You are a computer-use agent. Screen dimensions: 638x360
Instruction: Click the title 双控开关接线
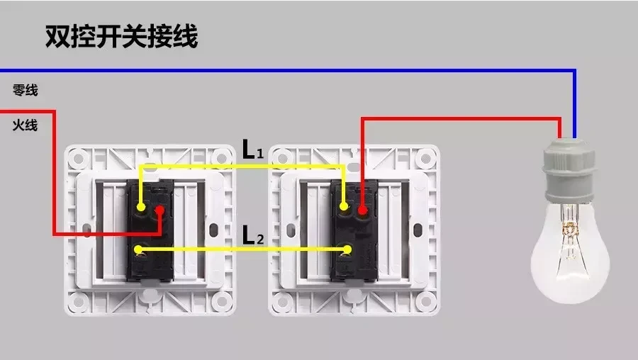point(121,37)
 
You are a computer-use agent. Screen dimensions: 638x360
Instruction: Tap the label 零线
point(26,90)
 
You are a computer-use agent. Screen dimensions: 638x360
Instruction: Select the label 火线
point(26,125)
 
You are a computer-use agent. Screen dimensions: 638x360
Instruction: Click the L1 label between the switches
point(252,150)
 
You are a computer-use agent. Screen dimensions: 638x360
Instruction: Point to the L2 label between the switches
point(252,235)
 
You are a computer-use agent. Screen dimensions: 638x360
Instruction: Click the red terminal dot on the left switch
point(160,210)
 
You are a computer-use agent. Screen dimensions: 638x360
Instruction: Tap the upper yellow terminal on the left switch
point(141,207)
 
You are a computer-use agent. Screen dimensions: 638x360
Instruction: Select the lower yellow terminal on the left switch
point(138,249)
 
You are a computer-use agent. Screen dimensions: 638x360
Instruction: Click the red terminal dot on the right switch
point(362,210)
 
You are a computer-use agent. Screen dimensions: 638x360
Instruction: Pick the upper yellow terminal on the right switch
point(344,206)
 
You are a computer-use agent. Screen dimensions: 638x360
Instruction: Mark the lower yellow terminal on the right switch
point(347,249)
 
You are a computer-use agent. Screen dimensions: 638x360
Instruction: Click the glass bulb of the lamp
point(570,252)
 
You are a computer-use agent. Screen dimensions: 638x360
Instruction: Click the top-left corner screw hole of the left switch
point(78,157)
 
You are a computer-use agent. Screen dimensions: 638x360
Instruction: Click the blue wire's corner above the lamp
point(574,71)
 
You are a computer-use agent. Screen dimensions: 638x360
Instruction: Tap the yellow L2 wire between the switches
point(243,249)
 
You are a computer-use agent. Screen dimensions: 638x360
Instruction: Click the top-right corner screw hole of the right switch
point(425,157)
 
